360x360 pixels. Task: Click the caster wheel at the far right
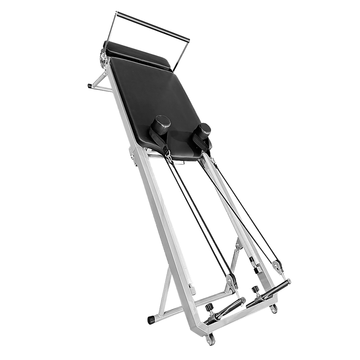coord(273,310)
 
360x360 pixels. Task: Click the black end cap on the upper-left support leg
coord(89,84)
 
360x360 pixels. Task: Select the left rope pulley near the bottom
coord(231,281)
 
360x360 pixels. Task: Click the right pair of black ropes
coord(243,207)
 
